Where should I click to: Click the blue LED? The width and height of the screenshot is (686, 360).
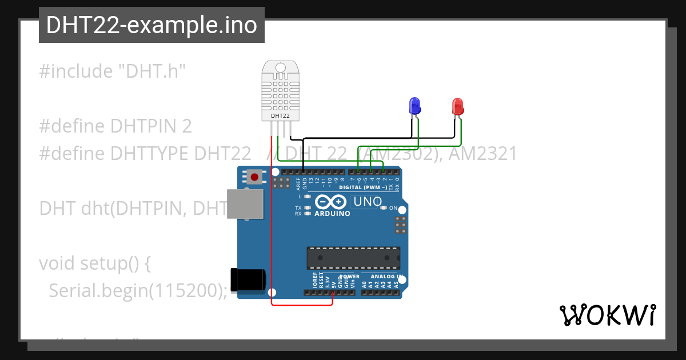point(415,105)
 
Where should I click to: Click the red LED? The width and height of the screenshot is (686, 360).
point(458,106)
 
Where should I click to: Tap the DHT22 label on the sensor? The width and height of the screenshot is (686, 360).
point(280,115)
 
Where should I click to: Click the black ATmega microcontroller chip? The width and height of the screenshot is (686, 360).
point(353,258)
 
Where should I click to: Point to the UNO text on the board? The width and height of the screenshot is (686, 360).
point(368,201)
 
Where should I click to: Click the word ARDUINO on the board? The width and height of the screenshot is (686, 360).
point(332,213)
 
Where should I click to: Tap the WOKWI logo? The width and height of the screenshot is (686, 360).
point(607,315)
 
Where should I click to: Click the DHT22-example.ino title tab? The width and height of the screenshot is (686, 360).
point(151,25)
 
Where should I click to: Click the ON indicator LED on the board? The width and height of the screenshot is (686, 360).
point(384,208)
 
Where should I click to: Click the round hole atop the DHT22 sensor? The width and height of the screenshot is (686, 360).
point(280,68)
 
